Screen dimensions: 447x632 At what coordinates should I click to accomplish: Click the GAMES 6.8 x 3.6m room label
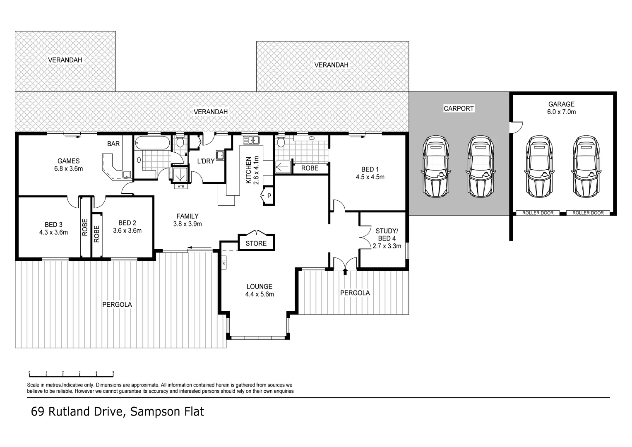click(68, 165)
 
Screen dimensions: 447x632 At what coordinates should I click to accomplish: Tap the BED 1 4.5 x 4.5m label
click(370, 173)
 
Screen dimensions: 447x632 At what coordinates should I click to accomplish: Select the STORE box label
click(256, 243)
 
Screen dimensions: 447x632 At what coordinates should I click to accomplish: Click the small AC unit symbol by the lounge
click(223, 262)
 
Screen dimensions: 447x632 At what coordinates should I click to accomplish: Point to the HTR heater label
click(180, 187)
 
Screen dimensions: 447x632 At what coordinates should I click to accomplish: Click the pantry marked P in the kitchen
click(268, 196)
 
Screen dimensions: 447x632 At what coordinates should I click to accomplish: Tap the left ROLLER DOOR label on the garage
click(538, 213)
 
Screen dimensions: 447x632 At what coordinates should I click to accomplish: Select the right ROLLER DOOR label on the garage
click(588, 213)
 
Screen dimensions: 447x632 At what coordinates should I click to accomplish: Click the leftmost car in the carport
click(435, 166)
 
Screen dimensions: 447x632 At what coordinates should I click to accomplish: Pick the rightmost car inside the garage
click(586, 166)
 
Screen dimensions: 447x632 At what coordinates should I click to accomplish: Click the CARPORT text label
click(458, 108)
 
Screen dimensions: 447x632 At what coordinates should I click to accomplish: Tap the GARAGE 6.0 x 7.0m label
click(561, 108)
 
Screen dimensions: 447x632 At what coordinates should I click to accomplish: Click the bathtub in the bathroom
click(152, 143)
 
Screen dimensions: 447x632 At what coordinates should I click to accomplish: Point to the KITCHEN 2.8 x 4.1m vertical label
click(252, 170)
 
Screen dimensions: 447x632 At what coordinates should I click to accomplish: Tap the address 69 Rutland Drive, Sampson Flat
click(118, 412)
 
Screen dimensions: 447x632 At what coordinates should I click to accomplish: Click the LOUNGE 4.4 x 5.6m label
click(259, 290)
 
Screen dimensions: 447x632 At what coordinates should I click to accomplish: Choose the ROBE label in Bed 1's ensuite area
click(310, 168)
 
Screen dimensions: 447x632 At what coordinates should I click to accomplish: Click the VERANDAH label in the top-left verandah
click(65, 60)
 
